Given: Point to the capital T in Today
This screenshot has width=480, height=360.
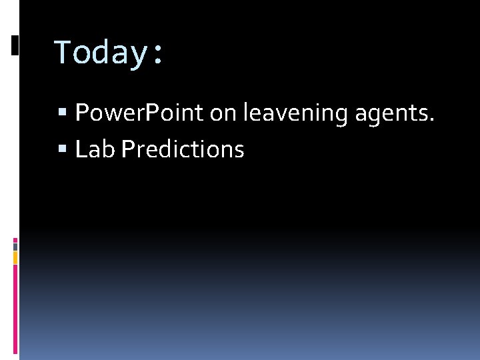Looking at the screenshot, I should coord(63,51).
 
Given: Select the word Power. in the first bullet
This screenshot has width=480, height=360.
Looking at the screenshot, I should coord(102,113).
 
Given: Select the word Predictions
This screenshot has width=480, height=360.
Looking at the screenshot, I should coord(183,149).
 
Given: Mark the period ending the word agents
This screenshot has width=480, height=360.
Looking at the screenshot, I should coord(432,121).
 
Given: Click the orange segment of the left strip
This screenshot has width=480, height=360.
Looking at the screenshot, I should coord(15,257).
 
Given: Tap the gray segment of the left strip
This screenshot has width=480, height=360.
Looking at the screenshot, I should coord(15,246).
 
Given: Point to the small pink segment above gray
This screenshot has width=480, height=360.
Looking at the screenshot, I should coord(15,239).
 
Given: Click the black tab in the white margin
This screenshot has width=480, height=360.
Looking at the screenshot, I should coord(15,45).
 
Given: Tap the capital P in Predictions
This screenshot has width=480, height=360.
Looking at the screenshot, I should coord(128,149).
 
